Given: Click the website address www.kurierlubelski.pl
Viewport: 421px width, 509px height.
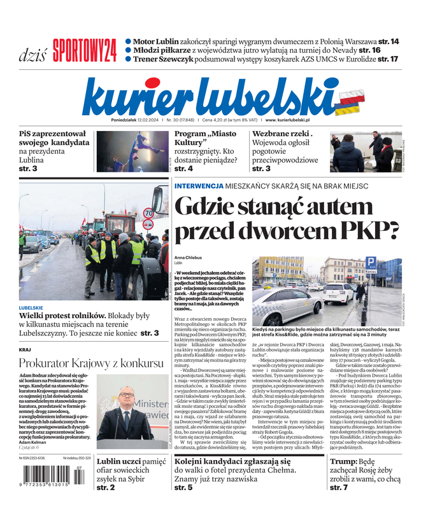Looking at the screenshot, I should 287,120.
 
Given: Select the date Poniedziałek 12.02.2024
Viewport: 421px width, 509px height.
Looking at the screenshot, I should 135,120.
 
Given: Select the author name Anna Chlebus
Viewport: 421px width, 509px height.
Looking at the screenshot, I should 190,257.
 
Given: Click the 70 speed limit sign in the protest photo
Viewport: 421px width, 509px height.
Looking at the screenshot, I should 148,213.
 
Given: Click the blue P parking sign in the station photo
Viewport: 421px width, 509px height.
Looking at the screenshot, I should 371,262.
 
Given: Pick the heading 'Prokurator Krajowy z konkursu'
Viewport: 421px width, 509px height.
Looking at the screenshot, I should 91,363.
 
